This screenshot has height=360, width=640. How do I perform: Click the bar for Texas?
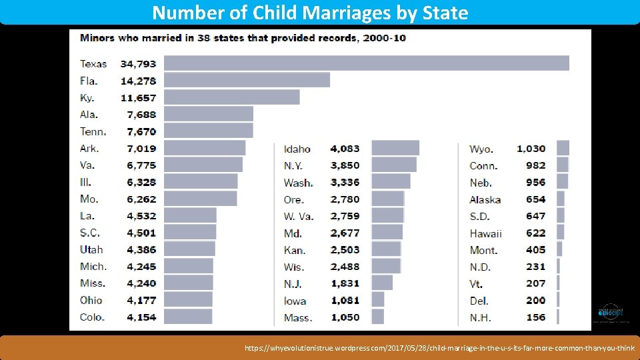tap(366, 63)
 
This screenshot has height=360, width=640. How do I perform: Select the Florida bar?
tap(247, 80)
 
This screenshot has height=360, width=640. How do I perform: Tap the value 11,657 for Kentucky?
tap(138, 97)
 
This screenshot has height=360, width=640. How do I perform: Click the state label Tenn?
tap(93, 131)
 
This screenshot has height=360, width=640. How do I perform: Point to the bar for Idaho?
tap(395, 148)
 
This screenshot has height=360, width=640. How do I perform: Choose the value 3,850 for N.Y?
tap(345, 165)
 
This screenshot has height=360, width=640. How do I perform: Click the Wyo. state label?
tap(482, 149)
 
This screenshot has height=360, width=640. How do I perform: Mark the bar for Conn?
tap(562, 165)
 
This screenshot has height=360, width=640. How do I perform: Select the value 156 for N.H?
tap(535, 317)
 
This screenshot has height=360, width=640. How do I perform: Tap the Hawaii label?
tap(485, 233)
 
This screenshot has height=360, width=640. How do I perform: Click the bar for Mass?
tap(377, 317)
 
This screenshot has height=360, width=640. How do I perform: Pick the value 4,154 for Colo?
tap(138, 317)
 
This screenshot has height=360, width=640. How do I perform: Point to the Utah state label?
tap(91, 249)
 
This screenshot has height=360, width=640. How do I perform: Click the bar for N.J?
tap(381, 283)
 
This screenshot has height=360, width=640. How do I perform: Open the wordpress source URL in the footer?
tap(439, 348)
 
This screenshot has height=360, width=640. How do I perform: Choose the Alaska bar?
tap(560, 199)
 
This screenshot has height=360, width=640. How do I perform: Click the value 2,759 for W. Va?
tap(345, 216)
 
